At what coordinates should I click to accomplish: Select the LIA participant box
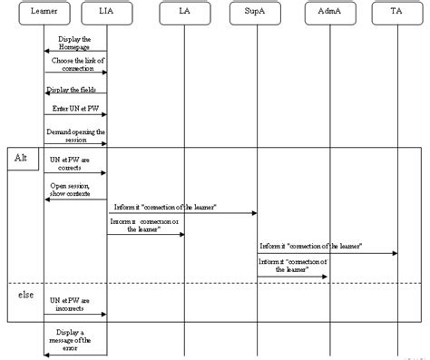click(107, 14)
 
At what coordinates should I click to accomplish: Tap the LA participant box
click(184, 14)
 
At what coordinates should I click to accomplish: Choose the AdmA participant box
click(327, 14)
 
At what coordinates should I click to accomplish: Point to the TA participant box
click(396, 14)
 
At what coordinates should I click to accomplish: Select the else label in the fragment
click(27, 296)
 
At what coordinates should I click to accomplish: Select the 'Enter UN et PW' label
click(76, 108)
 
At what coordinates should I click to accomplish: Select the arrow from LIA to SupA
click(181, 214)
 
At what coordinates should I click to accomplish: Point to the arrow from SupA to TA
click(327, 253)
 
